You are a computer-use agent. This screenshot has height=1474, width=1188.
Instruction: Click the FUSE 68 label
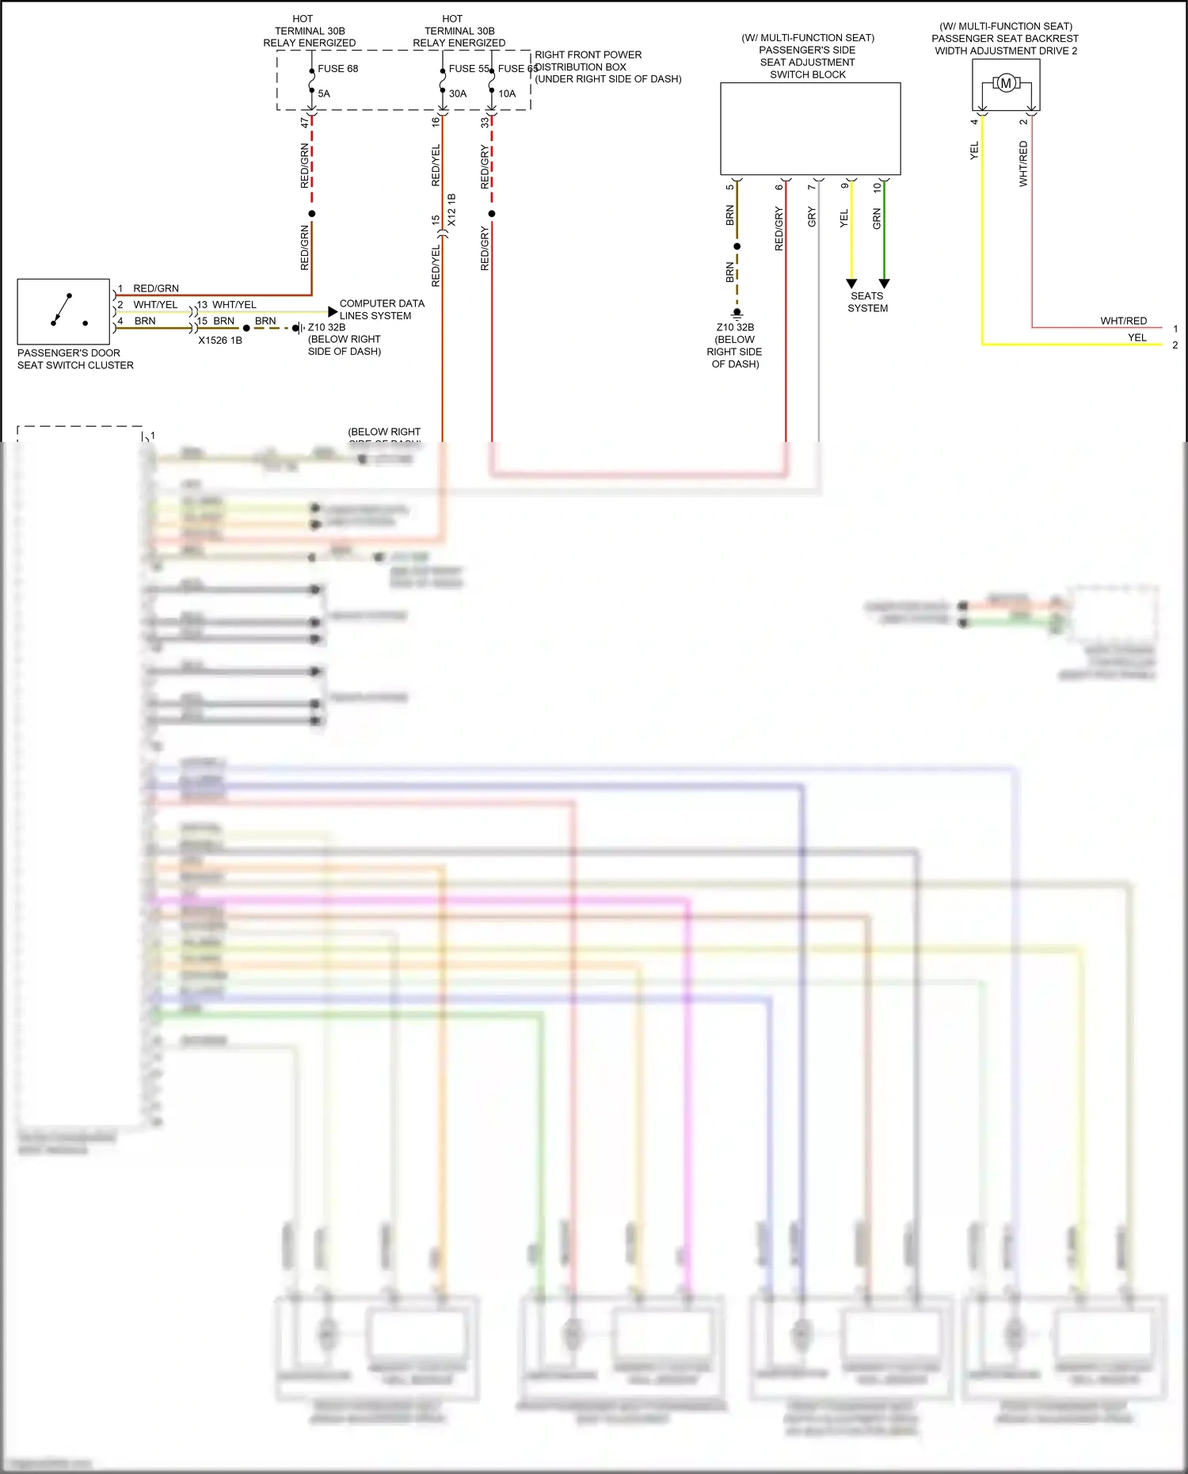337,69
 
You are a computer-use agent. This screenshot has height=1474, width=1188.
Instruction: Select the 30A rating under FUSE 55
458,93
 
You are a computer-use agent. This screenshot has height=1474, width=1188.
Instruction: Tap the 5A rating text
324,93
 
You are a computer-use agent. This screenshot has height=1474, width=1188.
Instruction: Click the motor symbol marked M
1006,83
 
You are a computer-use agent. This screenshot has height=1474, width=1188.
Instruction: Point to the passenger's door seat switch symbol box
63,311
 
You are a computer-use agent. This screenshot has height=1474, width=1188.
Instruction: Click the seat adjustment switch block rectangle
809,128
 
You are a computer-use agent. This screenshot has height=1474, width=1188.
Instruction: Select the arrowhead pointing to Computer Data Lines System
333,312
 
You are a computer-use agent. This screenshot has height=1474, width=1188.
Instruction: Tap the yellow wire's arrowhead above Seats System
851,284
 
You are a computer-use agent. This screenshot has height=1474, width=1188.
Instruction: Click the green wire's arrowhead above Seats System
884,284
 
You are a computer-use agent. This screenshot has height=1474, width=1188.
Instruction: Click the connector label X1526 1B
220,341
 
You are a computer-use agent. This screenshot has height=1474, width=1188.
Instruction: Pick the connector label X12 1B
452,210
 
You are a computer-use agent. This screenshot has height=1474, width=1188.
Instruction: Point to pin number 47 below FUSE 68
305,123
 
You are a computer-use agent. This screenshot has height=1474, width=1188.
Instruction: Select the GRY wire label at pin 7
812,217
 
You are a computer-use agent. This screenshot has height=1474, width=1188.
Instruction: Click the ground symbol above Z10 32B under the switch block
737,314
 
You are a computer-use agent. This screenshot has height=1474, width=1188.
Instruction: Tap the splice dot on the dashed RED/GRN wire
312,214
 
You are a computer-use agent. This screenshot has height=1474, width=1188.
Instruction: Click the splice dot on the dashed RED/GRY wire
492,214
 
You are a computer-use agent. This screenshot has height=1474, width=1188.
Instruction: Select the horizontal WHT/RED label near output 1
1123,321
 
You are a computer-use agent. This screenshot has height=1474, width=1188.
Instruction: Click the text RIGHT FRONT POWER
588,55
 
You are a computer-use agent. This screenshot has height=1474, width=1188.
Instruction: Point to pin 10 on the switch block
877,188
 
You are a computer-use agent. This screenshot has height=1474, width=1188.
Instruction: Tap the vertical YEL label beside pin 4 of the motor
974,150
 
